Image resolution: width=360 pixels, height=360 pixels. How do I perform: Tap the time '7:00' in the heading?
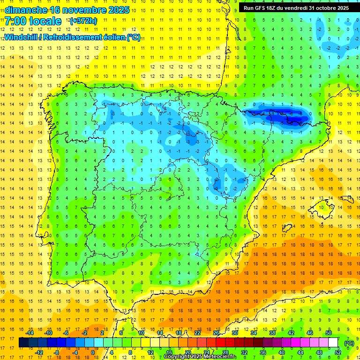(15, 21)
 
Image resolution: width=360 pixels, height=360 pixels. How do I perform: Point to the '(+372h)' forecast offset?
(83, 21)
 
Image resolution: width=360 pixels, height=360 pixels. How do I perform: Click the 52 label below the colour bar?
(338, 352)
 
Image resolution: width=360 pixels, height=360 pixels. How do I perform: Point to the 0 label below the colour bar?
(93, 352)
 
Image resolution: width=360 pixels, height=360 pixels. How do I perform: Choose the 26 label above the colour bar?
(216, 333)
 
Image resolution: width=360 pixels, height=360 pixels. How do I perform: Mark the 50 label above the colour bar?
(329, 333)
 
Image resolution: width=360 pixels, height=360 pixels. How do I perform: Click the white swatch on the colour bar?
(333, 343)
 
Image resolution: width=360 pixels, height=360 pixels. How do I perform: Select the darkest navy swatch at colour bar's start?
(23, 343)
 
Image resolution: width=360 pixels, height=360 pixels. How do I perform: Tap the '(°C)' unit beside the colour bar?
(349, 343)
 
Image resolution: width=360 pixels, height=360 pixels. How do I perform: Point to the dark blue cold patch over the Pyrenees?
(277, 115)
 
